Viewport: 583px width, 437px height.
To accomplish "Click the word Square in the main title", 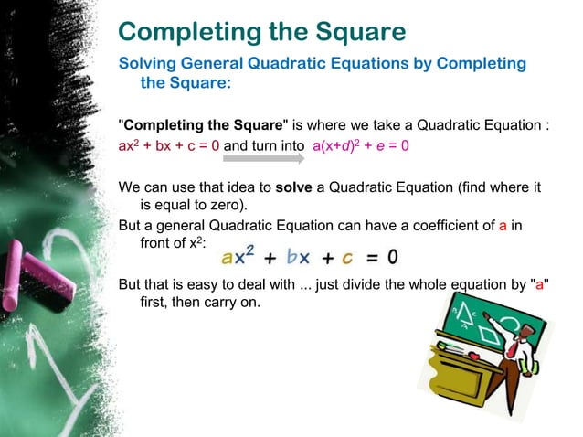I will [353, 33].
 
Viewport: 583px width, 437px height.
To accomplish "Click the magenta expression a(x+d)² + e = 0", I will [360, 144].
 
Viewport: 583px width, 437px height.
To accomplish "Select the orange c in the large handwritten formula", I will [347, 255].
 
